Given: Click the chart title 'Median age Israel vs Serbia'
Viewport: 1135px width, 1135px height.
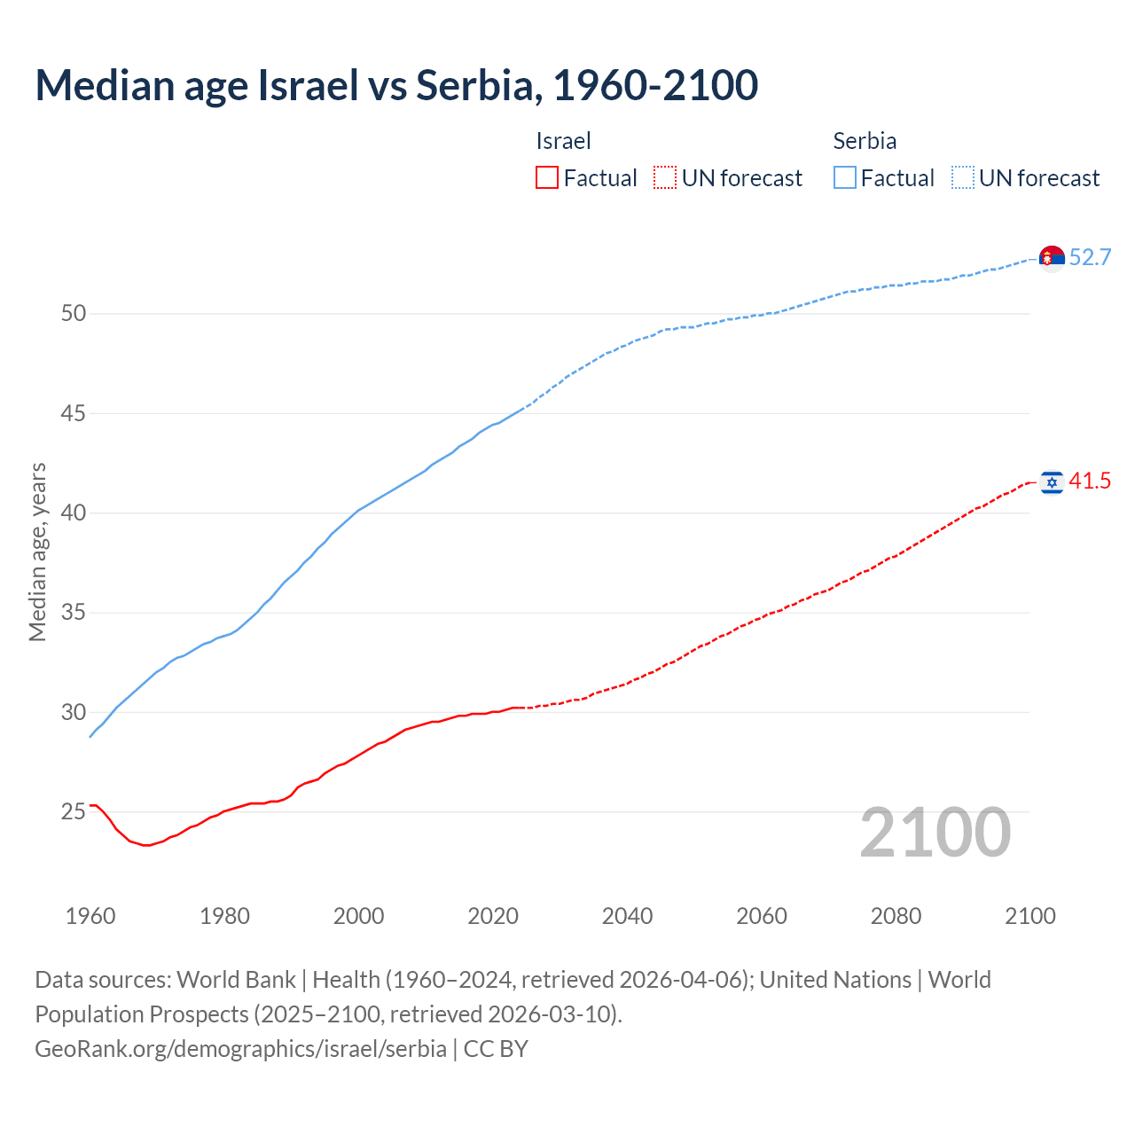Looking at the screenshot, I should click(x=396, y=85).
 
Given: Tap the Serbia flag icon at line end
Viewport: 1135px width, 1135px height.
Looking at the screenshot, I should click(x=1052, y=258).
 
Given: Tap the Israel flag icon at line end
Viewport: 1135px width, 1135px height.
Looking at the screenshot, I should click(x=1052, y=481).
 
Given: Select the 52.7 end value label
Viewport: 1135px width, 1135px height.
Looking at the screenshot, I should click(x=1090, y=257).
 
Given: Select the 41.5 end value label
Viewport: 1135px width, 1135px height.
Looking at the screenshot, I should click(x=1090, y=481).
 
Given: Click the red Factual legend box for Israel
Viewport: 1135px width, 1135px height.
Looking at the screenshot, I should click(x=547, y=178).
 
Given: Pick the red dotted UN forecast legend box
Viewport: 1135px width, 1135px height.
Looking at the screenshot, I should click(x=665, y=178).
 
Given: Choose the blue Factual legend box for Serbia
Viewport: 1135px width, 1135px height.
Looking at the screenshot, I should click(x=845, y=178).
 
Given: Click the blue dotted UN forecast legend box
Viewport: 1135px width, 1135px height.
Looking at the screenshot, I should click(x=963, y=178).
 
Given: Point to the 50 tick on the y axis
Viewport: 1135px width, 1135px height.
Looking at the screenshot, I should click(x=74, y=313).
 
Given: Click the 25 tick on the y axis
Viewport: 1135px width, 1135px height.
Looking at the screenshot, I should click(x=74, y=811).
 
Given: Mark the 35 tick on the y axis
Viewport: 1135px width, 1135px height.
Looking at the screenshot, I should click(x=74, y=612).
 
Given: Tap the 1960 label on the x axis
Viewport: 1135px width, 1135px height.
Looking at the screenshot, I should click(x=90, y=916).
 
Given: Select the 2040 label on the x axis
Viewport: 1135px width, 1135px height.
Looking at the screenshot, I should click(x=627, y=916).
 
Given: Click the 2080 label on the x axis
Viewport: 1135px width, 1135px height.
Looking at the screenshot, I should click(x=896, y=916).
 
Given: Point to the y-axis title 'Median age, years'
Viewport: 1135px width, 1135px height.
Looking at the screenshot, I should click(x=37, y=552).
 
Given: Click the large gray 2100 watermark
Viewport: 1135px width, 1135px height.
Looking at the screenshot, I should click(x=935, y=833).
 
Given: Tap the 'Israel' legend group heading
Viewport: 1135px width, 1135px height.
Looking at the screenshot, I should click(x=563, y=141).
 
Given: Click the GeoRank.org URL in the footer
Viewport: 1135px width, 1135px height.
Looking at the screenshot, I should click(x=240, y=1048).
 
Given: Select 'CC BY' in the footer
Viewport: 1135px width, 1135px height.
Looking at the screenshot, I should click(x=496, y=1048).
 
